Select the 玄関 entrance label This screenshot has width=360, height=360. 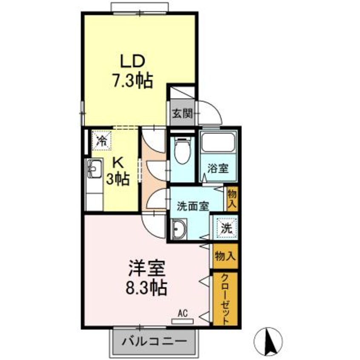182,113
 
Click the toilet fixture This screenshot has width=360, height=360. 182,151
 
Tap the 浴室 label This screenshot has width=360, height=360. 217,169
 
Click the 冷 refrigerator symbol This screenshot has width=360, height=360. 101,140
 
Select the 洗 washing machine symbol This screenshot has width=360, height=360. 226,227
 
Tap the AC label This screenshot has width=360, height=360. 183,314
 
